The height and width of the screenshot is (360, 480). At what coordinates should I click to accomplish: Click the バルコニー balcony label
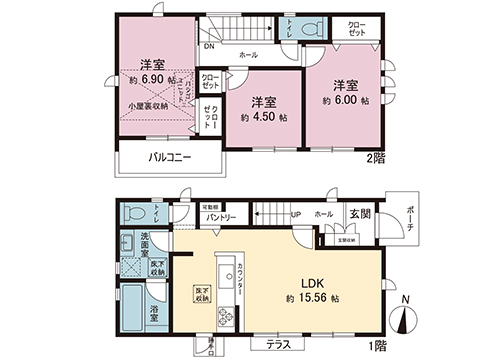tap(170, 158)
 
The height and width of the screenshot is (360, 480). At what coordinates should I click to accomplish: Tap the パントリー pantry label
tap(221, 217)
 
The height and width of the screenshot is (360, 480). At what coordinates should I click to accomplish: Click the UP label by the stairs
tap(295, 214)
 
